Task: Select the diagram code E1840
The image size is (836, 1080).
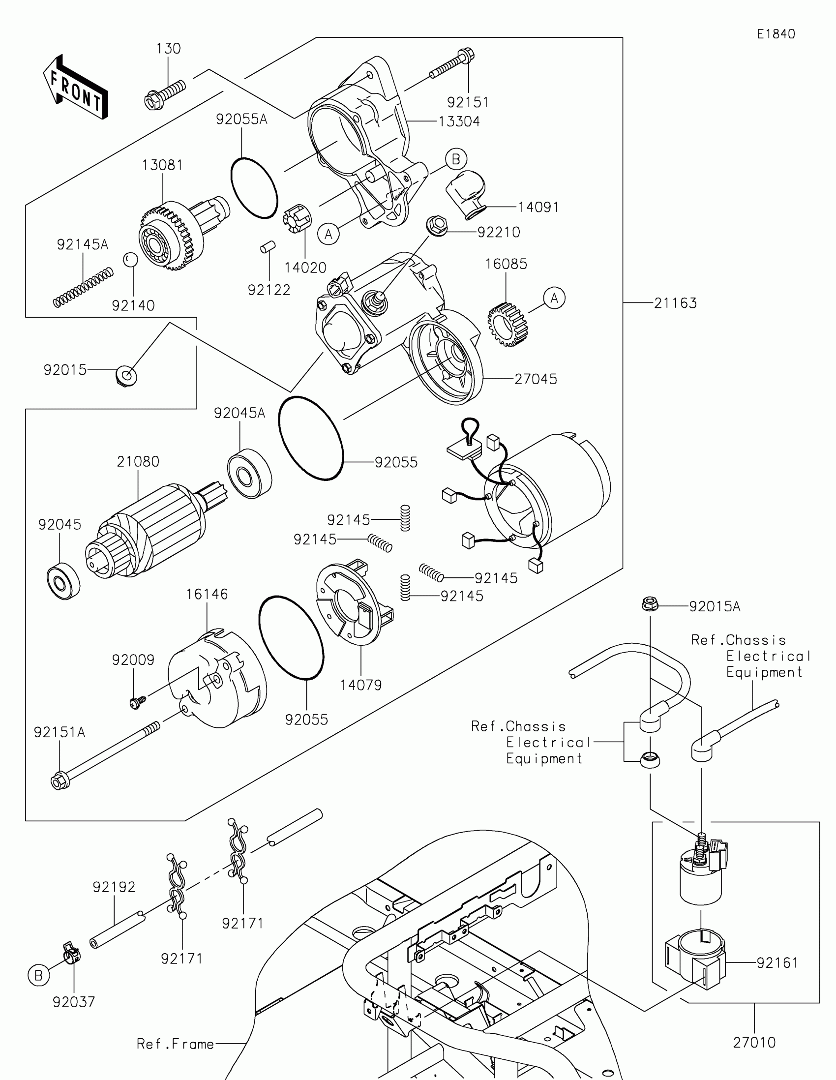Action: pyautogui.click(x=776, y=34)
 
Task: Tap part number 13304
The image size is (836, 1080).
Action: pyautogui.click(x=459, y=121)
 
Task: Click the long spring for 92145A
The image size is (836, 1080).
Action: pyautogui.click(x=83, y=287)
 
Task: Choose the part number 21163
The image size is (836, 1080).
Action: pyautogui.click(x=675, y=302)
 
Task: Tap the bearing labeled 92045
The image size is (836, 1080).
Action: pyautogui.click(x=63, y=580)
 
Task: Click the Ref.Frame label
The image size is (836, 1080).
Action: pyautogui.click(x=175, y=1044)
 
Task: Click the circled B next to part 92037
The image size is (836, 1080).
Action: pyautogui.click(x=38, y=976)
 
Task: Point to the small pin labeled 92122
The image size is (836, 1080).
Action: pyautogui.click(x=268, y=246)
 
